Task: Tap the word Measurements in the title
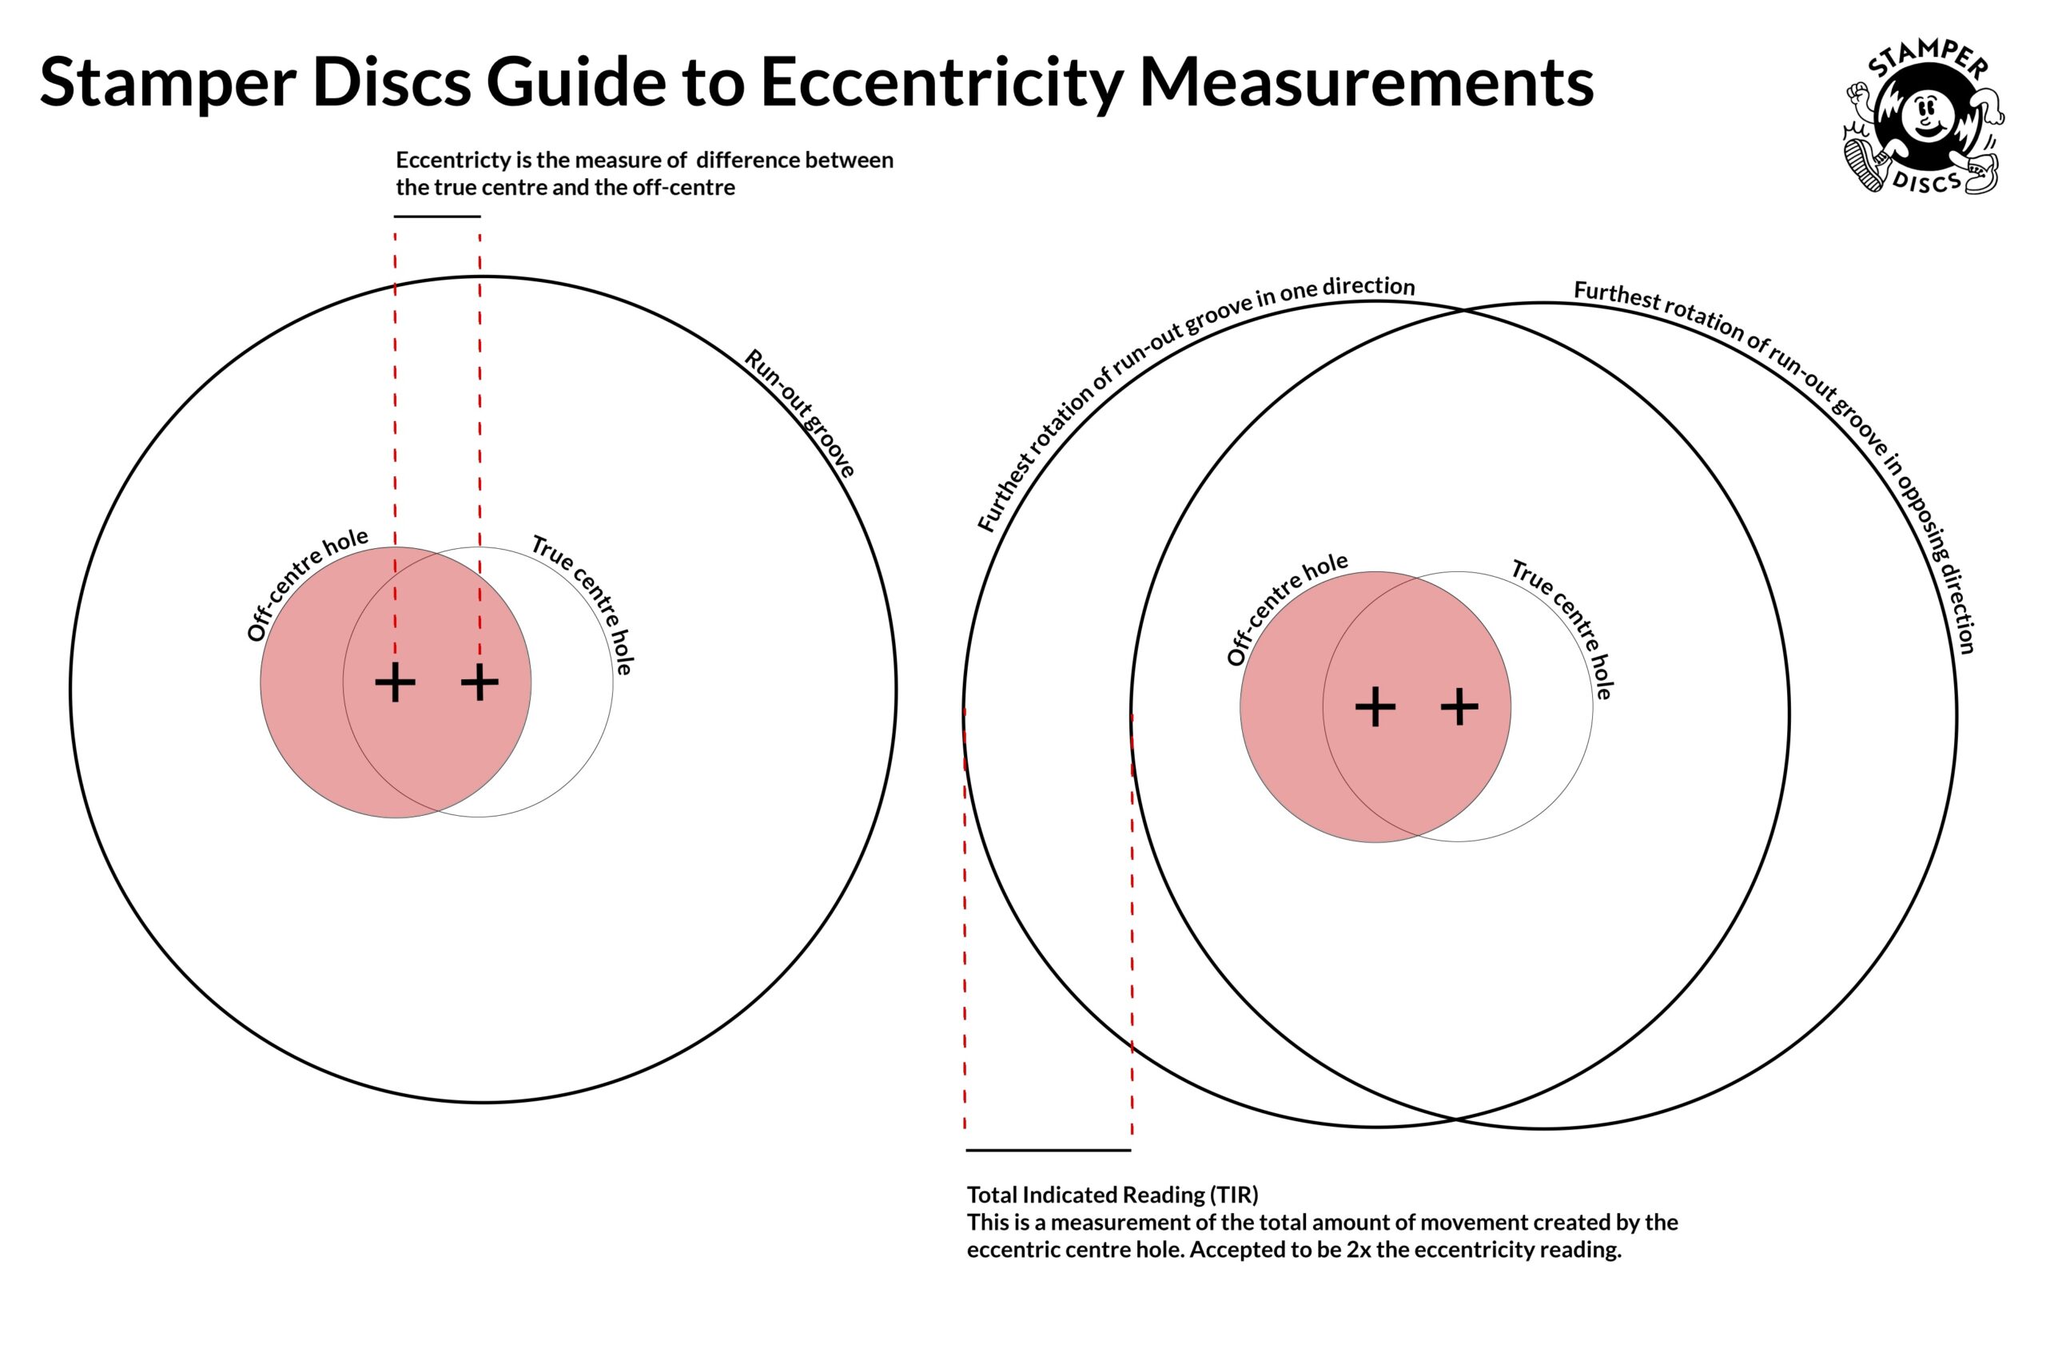point(1366,82)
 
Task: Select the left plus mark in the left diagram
point(395,683)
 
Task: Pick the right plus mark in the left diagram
point(480,683)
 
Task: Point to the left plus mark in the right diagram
point(1375,706)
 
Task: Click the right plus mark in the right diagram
point(1459,706)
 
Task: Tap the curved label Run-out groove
point(799,413)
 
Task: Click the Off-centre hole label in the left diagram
point(305,583)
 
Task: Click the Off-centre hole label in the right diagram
point(1286,608)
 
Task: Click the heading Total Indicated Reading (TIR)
point(1112,1195)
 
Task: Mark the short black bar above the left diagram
point(436,217)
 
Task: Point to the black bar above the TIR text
point(1049,1150)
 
